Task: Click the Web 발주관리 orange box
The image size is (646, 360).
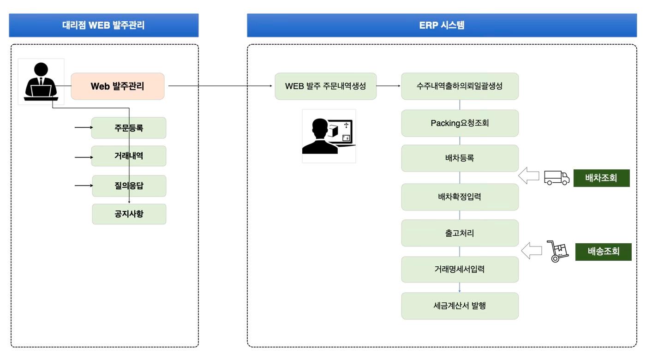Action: pyautogui.click(x=118, y=86)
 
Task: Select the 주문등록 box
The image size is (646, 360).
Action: pyautogui.click(x=129, y=128)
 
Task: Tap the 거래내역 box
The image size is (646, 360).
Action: pyautogui.click(x=129, y=156)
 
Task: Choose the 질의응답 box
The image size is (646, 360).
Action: pyautogui.click(x=129, y=186)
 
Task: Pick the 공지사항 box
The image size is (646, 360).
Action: pyautogui.click(x=129, y=214)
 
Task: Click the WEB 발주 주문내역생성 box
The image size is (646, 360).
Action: pyautogui.click(x=326, y=86)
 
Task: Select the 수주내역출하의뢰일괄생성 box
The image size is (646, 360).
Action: pyautogui.click(x=460, y=86)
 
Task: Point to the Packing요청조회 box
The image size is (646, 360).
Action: pyautogui.click(x=460, y=123)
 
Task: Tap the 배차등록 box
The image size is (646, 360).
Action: pyautogui.click(x=460, y=158)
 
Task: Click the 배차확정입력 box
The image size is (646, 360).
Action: pyautogui.click(x=460, y=197)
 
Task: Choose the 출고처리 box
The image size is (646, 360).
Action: pyautogui.click(x=460, y=233)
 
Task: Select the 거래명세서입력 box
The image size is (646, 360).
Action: pyautogui.click(x=460, y=269)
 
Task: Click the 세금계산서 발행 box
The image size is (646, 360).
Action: pyautogui.click(x=460, y=306)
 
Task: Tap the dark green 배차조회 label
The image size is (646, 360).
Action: pyautogui.click(x=601, y=178)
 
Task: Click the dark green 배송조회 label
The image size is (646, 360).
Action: pyautogui.click(x=603, y=252)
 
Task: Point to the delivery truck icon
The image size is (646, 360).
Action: pyautogui.click(x=556, y=178)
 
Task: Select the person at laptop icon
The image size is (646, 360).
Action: pyautogui.click(x=41, y=82)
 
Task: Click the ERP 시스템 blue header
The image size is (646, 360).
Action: pyautogui.click(x=442, y=25)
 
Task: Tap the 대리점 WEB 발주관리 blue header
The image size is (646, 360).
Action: pyautogui.click(x=104, y=25)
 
